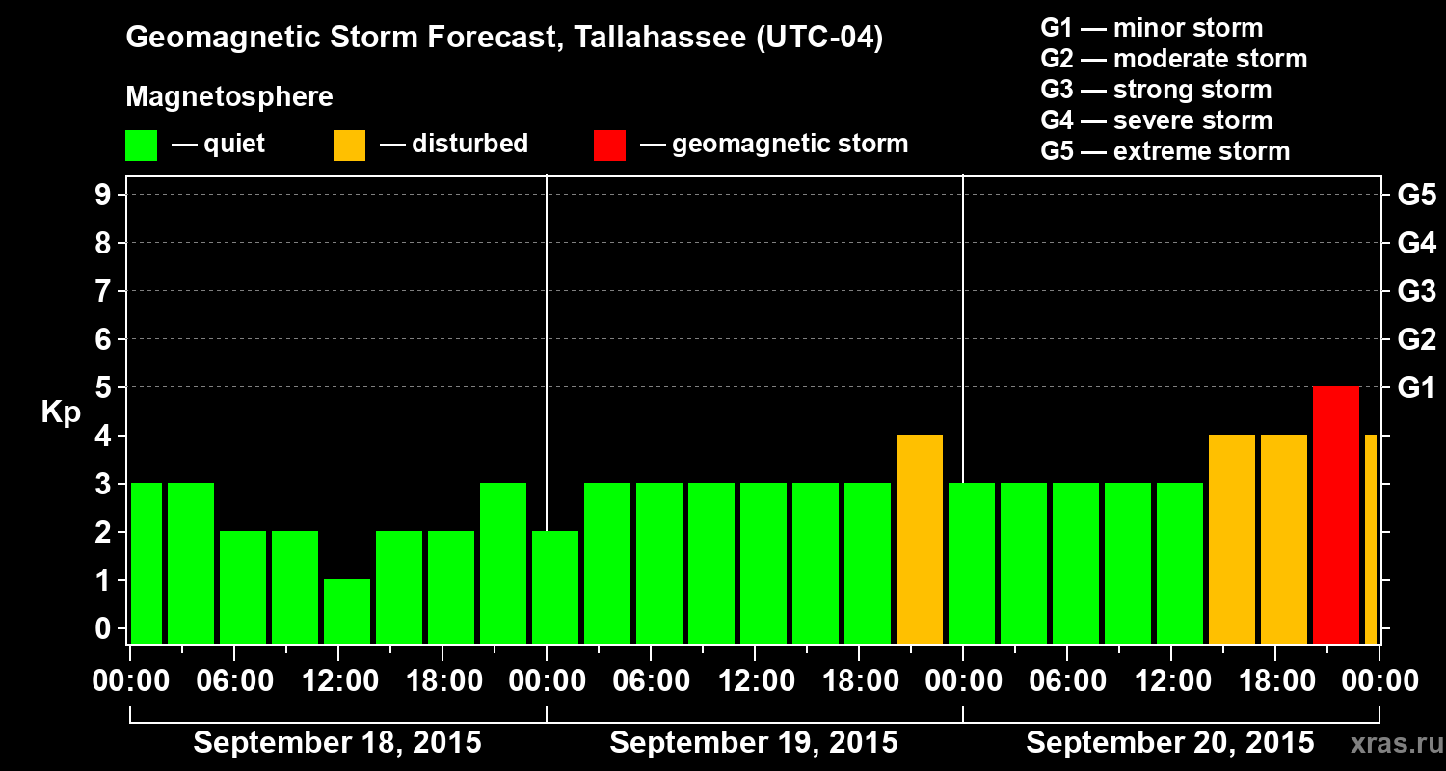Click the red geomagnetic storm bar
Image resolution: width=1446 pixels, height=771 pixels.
pyautogui.click(x=1336, y=516)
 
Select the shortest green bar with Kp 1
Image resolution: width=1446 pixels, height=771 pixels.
pyautogui.click(x=347, y=611)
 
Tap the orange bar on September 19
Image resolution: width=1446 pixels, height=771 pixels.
pyautogui.click(x=920, y=540)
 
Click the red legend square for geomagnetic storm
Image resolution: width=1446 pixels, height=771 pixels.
pyautogui.click(x=610, y=146)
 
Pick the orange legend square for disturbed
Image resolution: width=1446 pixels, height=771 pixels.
pyautogui.click(x=350, y=146)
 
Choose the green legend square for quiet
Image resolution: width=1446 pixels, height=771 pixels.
pyautogui.click(x=142, y=146)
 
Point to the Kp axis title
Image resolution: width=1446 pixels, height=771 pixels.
pyautogui.click(x=61, y=412)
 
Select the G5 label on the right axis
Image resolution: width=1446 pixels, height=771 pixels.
pyautogui.click(x=1416, y=195)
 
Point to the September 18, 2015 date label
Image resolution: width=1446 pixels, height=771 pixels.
pyautogui.click(x=337, y=743)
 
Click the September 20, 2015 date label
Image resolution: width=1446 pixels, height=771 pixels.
pyautogui.click(x=1169, y=743)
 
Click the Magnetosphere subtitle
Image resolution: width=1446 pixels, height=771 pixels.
pyautogui.click(x=229, y=97)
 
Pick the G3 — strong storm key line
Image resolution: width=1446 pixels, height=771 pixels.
pyautogui.click(x=1156, y=90)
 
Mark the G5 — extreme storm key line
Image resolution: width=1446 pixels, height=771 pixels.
pyautogui.click(x=1165, y=151)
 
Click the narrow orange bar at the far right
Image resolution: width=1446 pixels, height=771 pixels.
pyautogui.click(x=1371, y=540)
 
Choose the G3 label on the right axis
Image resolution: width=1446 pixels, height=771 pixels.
pyautogui.click(x=1416, y=291)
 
